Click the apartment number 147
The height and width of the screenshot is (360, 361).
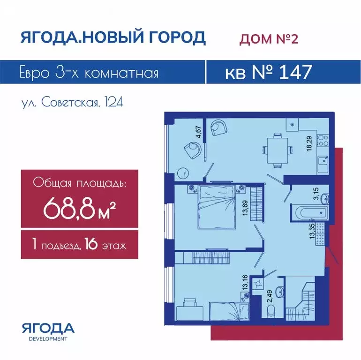295,72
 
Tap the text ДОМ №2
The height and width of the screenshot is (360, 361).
269,38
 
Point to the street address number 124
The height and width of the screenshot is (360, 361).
114,102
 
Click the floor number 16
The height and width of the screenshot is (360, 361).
91,244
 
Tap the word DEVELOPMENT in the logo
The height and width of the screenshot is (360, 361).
48,339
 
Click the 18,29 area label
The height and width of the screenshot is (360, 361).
309,143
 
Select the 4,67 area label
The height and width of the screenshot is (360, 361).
198,132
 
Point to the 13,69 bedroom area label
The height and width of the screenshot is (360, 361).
245,208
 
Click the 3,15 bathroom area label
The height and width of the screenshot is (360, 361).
316,194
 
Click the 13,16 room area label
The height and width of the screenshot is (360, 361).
245,283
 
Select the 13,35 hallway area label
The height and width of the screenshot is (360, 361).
312,231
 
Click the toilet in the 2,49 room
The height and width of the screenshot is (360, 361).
271,312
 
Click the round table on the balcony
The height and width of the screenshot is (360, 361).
183,173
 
